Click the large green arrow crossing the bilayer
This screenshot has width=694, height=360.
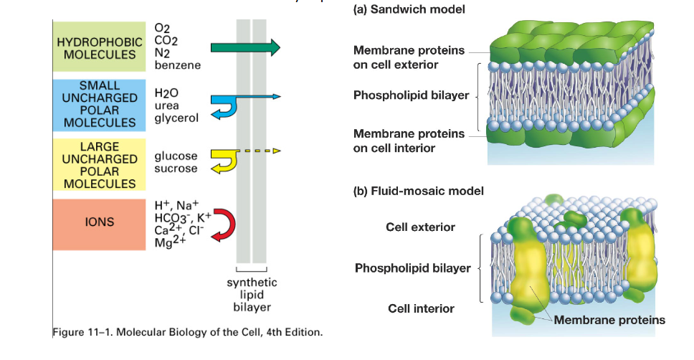point(244,48)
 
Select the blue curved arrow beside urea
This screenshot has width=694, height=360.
point(224,103)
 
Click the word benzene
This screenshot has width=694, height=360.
point(177,65)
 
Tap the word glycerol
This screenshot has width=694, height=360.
point(176,118)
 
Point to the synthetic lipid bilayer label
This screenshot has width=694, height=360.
point(252,295)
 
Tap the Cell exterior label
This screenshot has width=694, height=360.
point(420,227)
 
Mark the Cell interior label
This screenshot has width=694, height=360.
point(421,308)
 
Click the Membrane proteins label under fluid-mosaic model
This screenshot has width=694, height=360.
point(609,320)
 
